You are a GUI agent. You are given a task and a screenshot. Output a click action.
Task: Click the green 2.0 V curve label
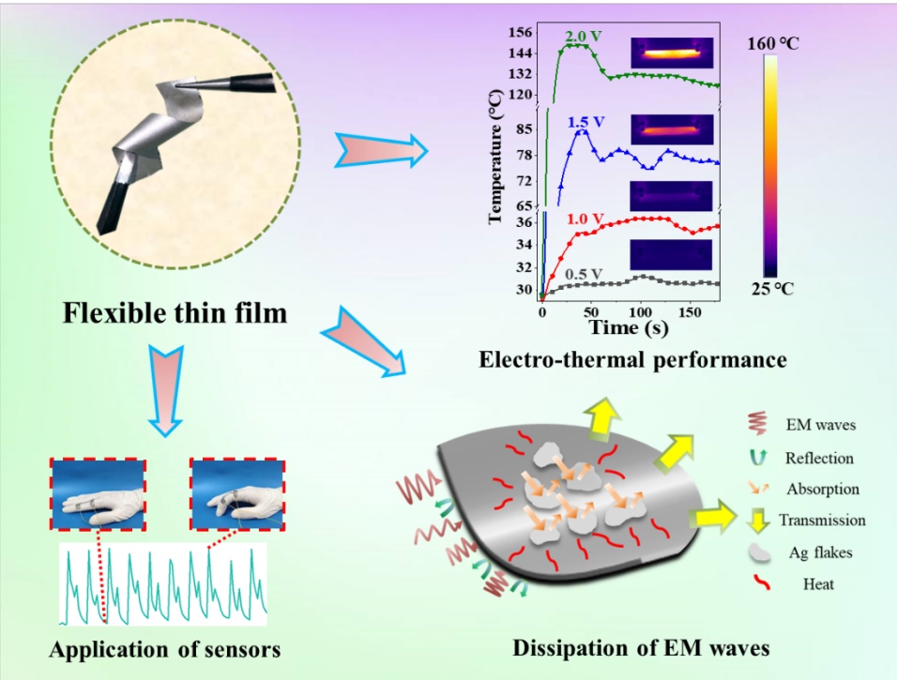[583, 37]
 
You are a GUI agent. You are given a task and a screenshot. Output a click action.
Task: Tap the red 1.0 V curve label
[585, 218]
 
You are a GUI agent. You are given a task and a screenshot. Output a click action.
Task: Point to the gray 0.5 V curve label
[583, 273]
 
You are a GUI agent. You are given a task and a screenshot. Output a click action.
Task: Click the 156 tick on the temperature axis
[520, 33]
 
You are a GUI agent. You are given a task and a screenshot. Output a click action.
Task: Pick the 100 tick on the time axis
[640, 311]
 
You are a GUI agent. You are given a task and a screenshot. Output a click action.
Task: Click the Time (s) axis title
[630, 327]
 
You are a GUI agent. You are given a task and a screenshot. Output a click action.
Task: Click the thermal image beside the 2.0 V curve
[672, 53]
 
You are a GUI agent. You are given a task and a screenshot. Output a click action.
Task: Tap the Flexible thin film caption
[175, 311]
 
